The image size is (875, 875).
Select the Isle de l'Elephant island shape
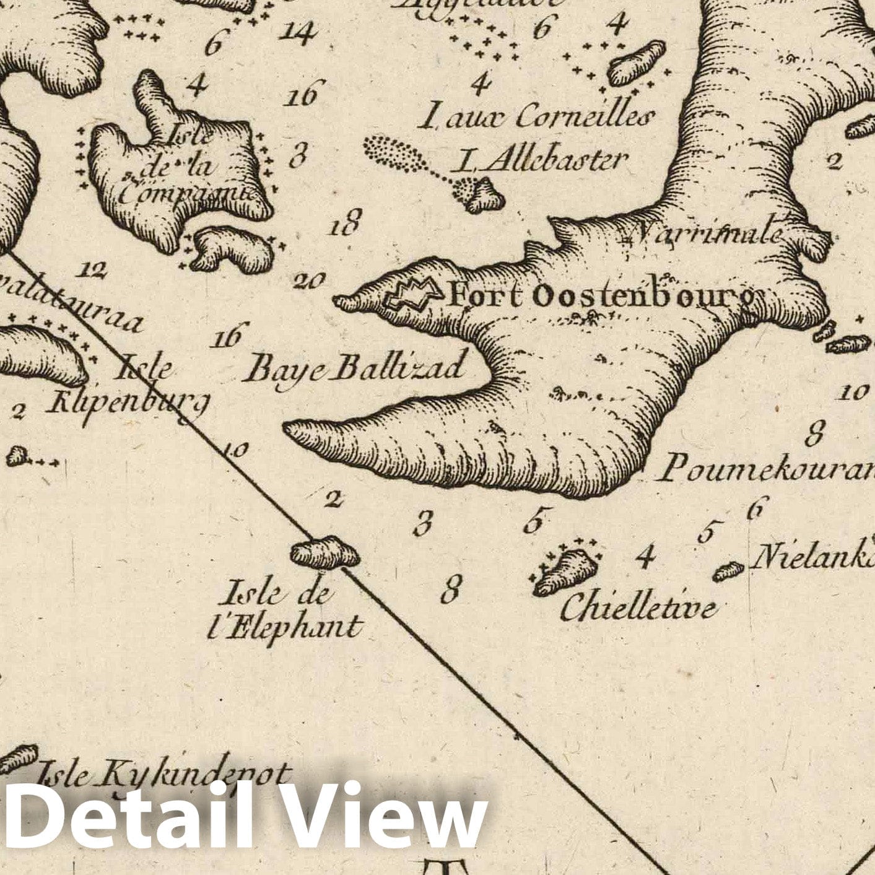pyautogui.click(x=325, y=552)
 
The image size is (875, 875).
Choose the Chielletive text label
pyautogui.click(x=638, y=607)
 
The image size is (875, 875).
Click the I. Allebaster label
pyautogui.click(x=539, y=161)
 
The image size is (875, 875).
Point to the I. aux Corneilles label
pyautogui.click(x=536, y=116)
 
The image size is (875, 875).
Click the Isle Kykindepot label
pyautogui.click(x=163, y=774)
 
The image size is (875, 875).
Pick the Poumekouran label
pyautogui.click(x=765, y=469)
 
